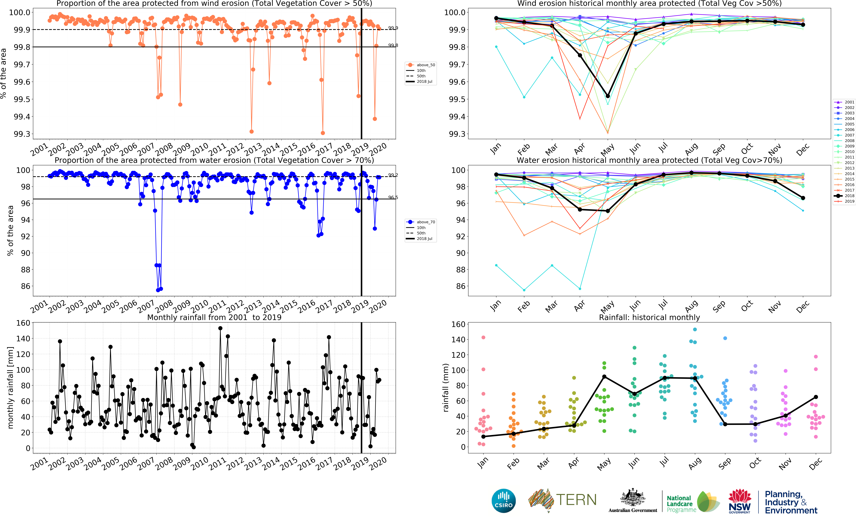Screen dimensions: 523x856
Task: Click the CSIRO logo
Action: pyautogui.click(x=503, y=501)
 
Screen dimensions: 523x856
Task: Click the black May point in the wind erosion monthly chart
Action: pyautogui.click(x=608, y=96)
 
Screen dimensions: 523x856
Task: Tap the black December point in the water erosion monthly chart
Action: pyautogui.click(x=803, y=198)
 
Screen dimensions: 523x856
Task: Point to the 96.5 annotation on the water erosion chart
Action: pyautogui.click(x=393, y=197)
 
